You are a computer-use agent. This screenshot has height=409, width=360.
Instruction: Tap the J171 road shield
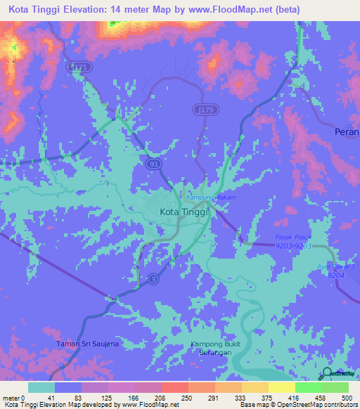coord(79,65)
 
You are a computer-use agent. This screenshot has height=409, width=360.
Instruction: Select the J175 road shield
coord(203,110)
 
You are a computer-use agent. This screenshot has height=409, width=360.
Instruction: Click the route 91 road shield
coord(153,163)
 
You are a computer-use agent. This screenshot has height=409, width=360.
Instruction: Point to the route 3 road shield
coord(153,280)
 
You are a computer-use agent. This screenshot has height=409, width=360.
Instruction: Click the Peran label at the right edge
coord(347,131)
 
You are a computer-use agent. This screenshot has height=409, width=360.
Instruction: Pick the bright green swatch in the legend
coord(308,387)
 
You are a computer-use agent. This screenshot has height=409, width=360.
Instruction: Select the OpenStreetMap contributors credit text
coord(314,405)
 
